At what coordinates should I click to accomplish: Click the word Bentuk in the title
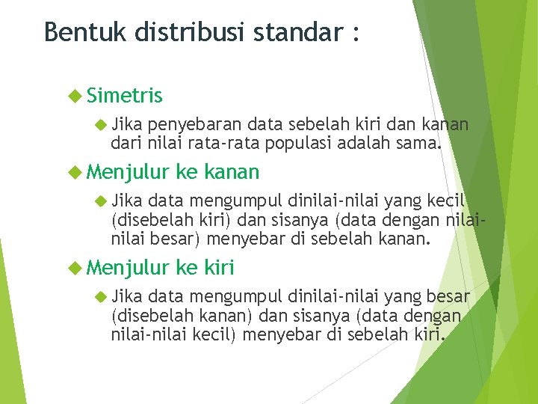point(79,33)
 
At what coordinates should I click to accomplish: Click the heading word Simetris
point(124,96)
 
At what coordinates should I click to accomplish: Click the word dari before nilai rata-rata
point(124,140)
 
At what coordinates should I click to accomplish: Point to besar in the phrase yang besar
point(445,296)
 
